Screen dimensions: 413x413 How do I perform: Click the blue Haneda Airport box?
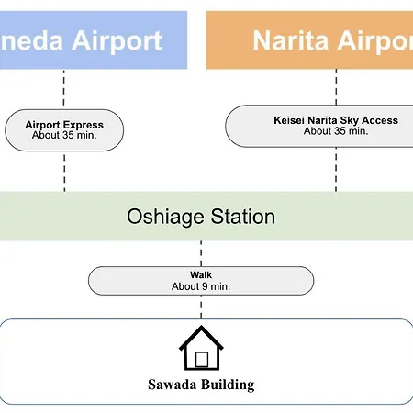tap(94, 40)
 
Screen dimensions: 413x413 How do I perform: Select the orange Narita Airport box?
tap(309, 40)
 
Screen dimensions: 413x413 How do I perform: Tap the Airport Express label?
tap(64, 125)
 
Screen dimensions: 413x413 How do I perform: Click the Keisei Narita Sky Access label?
tap(336, 120)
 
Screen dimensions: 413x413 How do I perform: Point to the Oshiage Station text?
tap(201, 217)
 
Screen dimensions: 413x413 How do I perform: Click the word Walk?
tap(201, 274)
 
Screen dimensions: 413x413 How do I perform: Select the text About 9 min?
tap(201, 286)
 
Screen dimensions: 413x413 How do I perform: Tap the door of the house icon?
tap(202, 359)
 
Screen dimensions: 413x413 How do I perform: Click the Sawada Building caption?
tap(201, 385)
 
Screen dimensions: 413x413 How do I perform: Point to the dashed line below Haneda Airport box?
tap(64, 88)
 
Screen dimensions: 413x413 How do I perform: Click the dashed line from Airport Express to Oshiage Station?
tap(64, 173)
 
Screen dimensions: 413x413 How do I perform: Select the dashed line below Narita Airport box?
tap(336, 87)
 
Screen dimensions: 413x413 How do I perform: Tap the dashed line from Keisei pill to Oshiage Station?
tap(336, 170)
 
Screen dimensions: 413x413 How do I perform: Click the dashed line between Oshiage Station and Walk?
tap(201, 253)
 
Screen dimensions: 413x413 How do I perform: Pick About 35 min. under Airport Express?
tap(64, 135)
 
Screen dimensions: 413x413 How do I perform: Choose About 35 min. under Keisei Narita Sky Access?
tap(336, 131)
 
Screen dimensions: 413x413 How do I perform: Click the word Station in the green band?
tap(243, 217)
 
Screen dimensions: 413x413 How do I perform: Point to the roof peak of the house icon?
tap(201, 326)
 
